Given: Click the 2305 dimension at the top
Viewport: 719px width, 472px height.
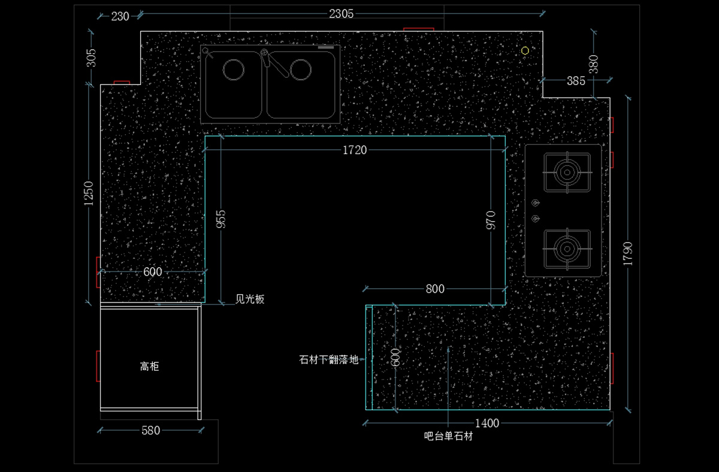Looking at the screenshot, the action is pos(341,13).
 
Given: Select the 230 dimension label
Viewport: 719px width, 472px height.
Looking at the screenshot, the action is pos(120,16).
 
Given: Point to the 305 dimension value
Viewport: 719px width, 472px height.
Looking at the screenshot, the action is pos(91,58).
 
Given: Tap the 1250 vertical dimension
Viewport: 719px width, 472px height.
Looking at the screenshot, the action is pos(89,193).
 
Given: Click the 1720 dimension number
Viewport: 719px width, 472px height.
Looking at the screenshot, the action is pos(355,150).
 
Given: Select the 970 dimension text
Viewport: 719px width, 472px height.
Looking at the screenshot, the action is pos(491,220).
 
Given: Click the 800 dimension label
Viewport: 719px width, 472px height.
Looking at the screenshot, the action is pos(435,289).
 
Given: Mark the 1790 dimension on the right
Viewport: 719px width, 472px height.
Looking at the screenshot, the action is pos(627,253).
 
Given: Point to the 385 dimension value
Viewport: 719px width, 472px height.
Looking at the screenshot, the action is pos(576,81).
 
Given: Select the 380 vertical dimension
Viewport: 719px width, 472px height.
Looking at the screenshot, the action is pos(593,63).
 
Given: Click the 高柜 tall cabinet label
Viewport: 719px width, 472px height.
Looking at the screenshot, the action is pos(149,366).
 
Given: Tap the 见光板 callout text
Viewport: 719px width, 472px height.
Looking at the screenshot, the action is pos(250,299).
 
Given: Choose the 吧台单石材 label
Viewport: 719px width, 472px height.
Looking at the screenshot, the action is pos(448,437).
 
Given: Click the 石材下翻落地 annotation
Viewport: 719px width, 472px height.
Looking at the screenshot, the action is pos(328,359).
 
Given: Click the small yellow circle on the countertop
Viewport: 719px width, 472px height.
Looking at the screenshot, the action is pos(525,51).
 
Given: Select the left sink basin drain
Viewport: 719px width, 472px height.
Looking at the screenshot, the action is pos(234,69).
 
